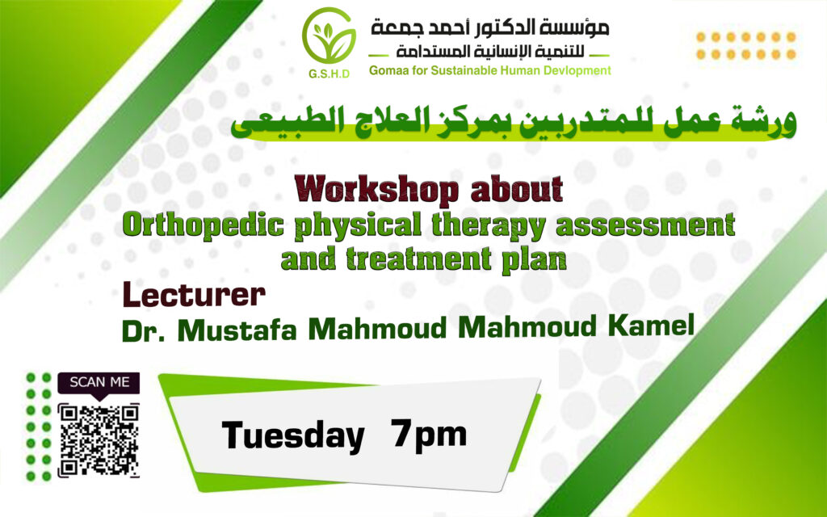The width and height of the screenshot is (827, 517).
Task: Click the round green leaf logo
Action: click(330, 36)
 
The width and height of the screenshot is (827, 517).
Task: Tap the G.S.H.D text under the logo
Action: click(330, 74)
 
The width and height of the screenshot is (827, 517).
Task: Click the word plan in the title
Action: click(535, 260)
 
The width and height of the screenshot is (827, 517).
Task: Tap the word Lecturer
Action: click(194, 295)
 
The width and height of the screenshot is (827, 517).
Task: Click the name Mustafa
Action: click(237, 329)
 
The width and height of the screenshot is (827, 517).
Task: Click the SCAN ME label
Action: click(99, 382)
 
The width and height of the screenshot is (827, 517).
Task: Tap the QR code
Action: click(99, 440)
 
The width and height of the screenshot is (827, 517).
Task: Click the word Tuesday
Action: click(293, 436)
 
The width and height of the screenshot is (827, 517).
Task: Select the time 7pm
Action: click(429, 435)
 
